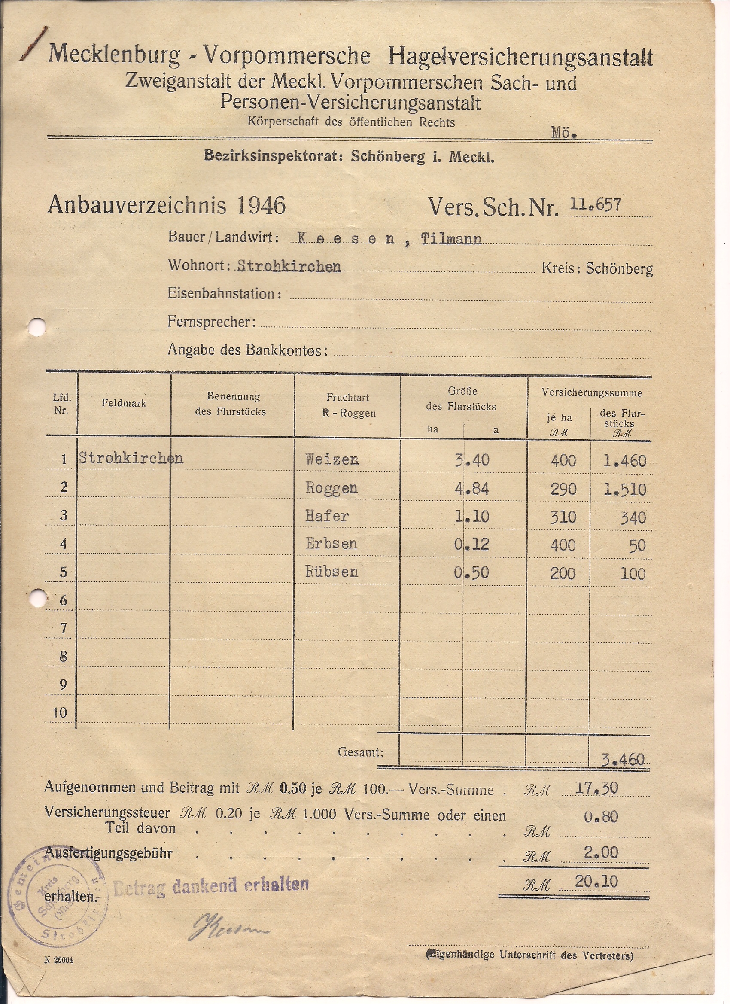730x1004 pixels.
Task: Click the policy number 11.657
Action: point(596,204)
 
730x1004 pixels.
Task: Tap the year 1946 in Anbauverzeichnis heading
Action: point(261,205)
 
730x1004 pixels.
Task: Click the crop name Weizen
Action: point(332,459)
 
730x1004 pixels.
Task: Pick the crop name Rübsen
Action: point(332,572)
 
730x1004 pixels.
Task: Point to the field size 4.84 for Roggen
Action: point(472,489)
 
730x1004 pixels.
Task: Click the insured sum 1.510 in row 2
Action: point(625,490)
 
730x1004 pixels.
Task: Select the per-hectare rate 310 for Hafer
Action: point(563,517)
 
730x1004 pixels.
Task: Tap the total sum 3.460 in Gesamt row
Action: point(623,760)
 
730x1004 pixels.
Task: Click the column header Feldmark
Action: point(124,403)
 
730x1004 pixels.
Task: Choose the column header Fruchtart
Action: point(348,398)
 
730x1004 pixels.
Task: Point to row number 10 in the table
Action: point(60,713)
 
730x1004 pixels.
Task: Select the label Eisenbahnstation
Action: point(224,294)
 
